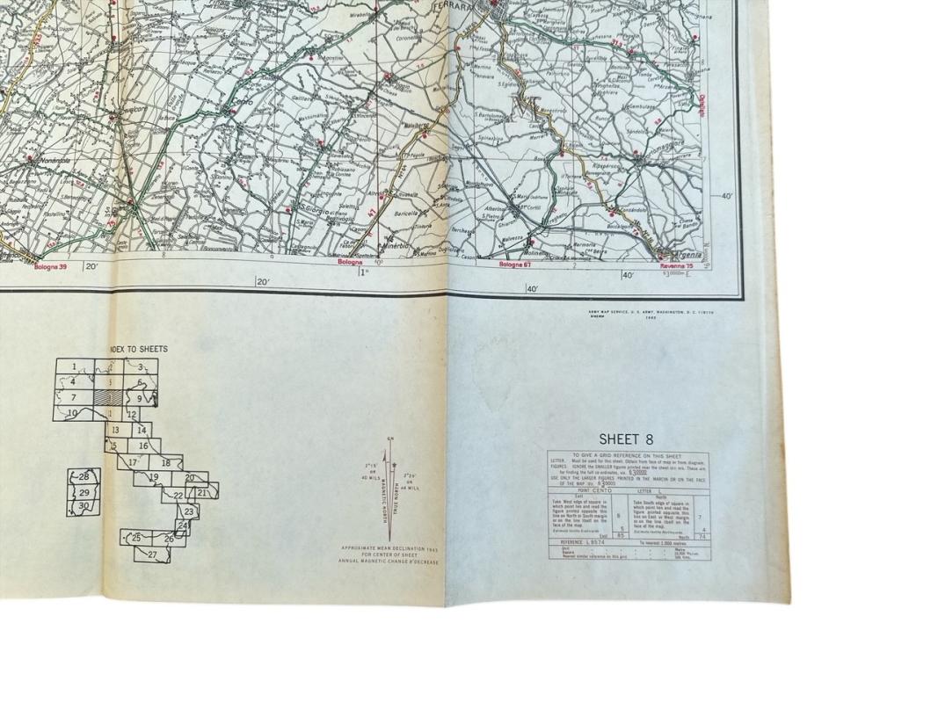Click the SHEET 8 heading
point(626,439)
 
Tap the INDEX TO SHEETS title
point(138,349)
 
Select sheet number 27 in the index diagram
point(152,554)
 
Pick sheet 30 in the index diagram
point(84,506)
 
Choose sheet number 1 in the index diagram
point(74,367)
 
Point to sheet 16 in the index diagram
point(142,446)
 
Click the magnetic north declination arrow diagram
point(389,492)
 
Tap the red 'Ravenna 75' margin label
point(677,265)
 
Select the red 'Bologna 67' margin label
point(517,264)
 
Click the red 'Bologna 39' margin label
point(50,265)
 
